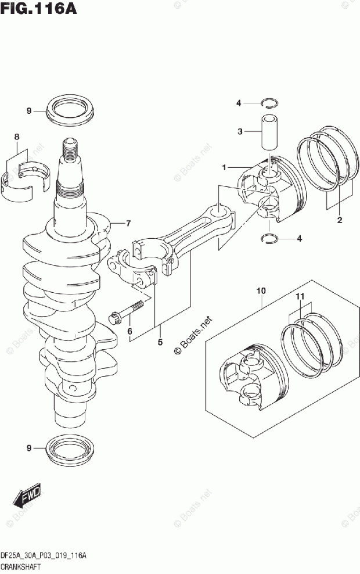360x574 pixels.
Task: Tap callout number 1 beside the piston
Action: pyautogui.click(x=223, y=168)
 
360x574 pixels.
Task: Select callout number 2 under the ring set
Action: pyautogui.click(x=340, y=220)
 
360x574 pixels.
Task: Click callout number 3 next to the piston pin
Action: pyautogui.click(x=240, y=131)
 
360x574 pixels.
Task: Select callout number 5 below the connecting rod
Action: pyautogui.click(x=160, y=342)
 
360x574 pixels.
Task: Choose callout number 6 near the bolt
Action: pyautogui.click(x=130, y=332)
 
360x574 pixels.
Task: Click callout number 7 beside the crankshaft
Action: pyautogui.click(x=129, y=223)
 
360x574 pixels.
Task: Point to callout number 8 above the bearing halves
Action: pyautogui.click(x=17, y=137)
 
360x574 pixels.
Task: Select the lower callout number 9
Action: pyautogui.click(x=27, y=448)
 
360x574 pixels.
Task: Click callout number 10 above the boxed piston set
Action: pyautogui.click(x=260, y=289)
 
